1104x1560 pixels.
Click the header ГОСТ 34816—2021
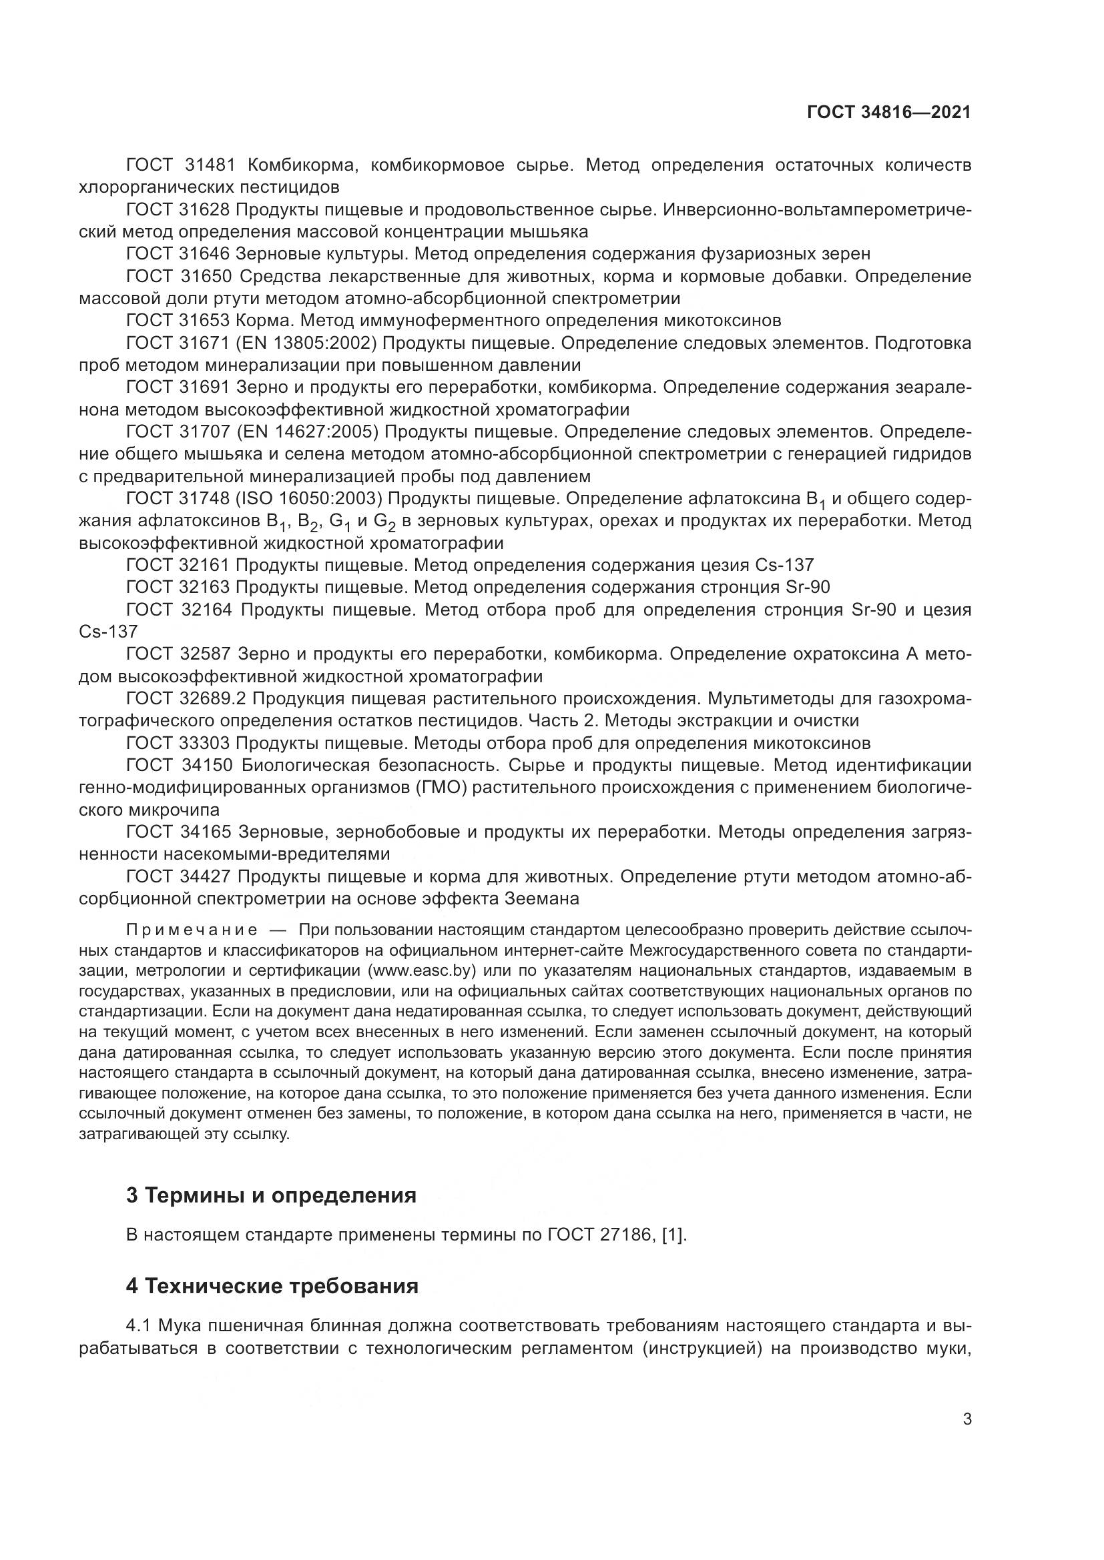[x=888, y=113]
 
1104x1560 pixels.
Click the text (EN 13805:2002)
[x=310, y=343]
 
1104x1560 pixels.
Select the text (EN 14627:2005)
[x=310, y=432]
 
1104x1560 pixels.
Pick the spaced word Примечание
[x=192, y=930]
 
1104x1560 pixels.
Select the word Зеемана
[x=542, y=899]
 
